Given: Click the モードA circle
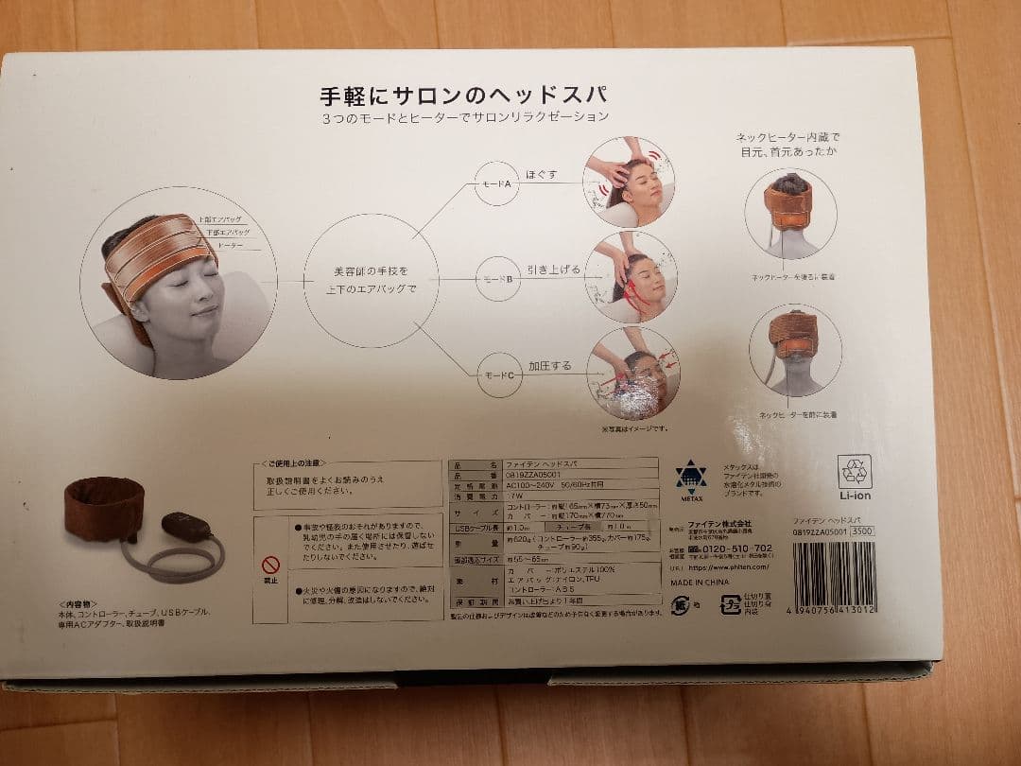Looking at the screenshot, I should click(x=498, y=184).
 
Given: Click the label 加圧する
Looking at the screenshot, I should click(x=548, y=365).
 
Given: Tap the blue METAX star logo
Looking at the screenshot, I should click(x=691, y=478).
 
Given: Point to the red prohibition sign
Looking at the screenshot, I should click(x=271, y=565).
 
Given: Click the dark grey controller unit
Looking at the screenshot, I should click(x=186, y=527).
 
